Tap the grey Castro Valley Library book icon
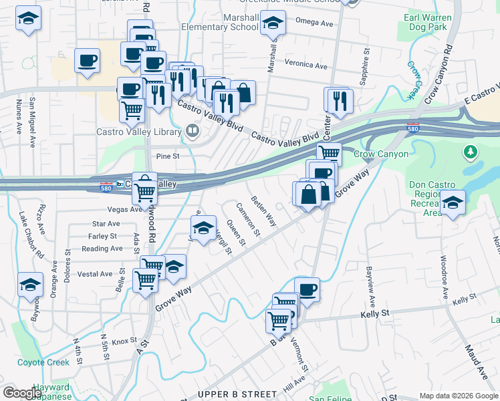[193, 130]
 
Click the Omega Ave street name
[318, 23]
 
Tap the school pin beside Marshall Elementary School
[271, 24]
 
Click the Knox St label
[124, 342]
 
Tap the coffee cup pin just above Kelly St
[307, 289]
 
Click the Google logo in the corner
[22, 393]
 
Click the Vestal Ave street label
[95, 274]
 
